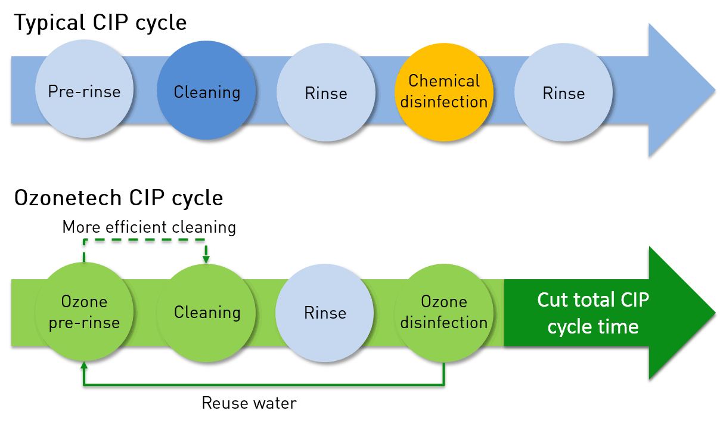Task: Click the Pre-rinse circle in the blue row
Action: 84,91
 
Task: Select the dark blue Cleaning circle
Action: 206,91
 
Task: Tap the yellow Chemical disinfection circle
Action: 443,91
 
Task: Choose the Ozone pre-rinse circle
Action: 84,311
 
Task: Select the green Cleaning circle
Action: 206,311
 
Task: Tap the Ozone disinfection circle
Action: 443,311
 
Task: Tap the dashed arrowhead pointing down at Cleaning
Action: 206,260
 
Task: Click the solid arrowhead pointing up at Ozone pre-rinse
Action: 84,365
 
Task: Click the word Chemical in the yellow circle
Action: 443,81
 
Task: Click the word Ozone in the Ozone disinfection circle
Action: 443,301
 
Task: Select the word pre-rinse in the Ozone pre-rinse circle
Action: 84,323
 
